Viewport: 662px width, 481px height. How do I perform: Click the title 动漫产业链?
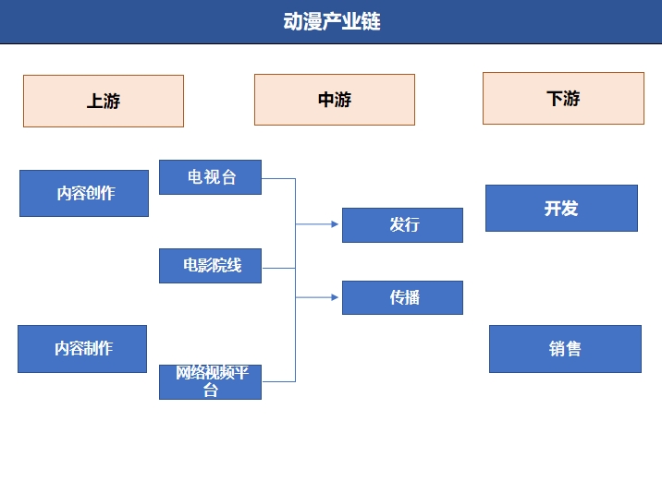pos(331,21)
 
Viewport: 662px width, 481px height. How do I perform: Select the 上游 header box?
pos(104,102)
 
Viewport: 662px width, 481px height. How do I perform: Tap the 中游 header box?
pos(334,100)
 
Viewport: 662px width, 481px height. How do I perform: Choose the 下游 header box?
pos(563,98)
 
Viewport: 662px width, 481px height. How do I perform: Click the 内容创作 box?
pos(84,193)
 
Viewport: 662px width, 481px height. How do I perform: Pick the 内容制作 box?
pos(82,349)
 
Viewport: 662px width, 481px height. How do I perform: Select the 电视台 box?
pos(210,177)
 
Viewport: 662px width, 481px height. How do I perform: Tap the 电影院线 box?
pos(210,266)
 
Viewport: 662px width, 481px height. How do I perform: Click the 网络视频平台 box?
pos(210,381)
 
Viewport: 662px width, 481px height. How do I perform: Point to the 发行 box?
pos(402,225)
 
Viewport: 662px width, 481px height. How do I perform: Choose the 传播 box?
pos(402,297)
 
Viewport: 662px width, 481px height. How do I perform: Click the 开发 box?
pos(561,208)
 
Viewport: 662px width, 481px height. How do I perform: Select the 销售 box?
pos(565,349)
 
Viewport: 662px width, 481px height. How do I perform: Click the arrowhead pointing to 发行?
pos(334,224)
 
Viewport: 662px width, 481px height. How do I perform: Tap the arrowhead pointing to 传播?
pos(334,297)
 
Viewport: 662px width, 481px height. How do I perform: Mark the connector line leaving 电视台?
pos(278,178)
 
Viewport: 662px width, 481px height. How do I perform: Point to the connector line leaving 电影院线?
pos(278,268)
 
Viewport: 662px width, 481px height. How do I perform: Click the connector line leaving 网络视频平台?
pos(278,380)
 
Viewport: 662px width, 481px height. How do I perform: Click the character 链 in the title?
pos(370,21)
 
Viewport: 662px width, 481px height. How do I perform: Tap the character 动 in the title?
pos(293,21)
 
